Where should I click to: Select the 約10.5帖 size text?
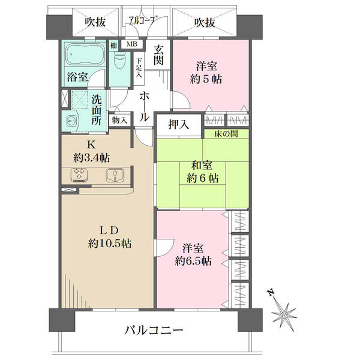point(110,244)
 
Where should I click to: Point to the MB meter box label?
point(131,44)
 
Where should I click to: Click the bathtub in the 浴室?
point(84,56)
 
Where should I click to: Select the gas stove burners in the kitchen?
point(79,175)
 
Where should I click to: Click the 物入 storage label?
point(120,120)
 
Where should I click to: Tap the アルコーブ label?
point(142,21)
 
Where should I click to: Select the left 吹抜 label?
point(95,22)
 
